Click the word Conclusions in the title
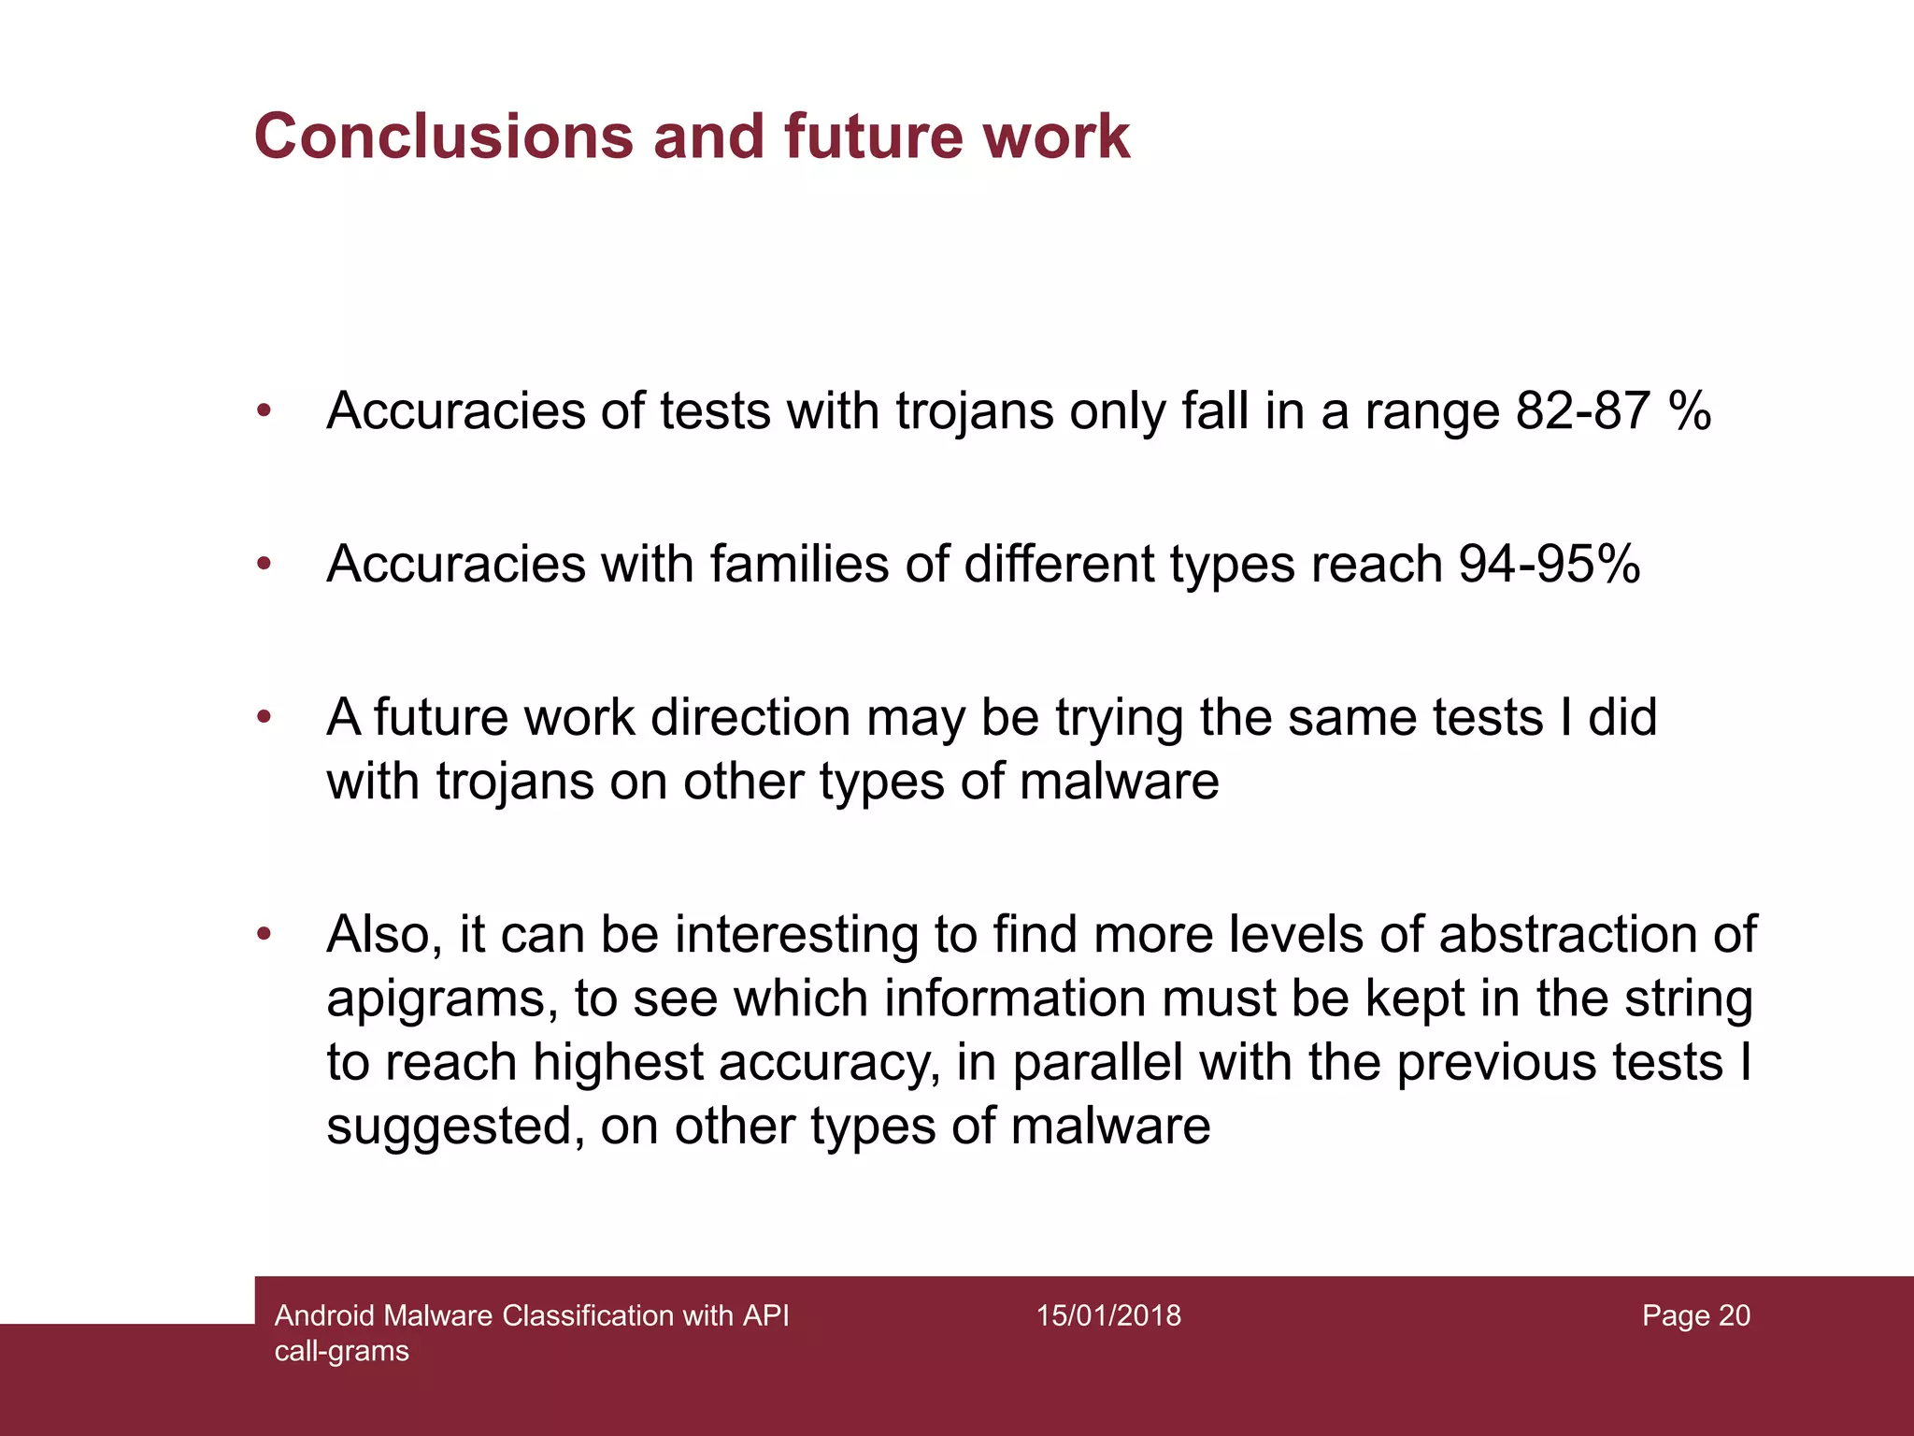coord(444,137)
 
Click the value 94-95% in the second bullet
coord(1550,564)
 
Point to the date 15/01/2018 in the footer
coord(1108,1315)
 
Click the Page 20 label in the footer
coord(1695,1315)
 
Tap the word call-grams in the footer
coord(342,1351)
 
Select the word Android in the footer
coord(325,1315)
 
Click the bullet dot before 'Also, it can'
coord(264,933)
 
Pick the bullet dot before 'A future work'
coord(264,717)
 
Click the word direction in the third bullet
coord(750,717)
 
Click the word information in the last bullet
coord(1015,998)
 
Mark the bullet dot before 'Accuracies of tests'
coord(264,410)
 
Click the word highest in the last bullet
coord(618,1062)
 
